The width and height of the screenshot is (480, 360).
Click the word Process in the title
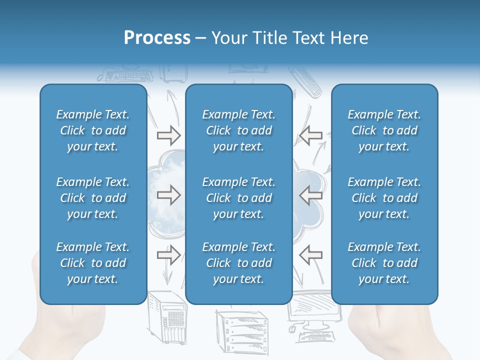[157, 38]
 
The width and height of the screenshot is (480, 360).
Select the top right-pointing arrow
[169, 135]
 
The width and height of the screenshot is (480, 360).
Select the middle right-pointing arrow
[169, 195]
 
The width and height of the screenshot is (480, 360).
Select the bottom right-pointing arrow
[169, 255]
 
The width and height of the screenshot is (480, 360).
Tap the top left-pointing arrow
[310, 135]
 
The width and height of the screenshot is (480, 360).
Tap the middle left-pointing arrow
[310, 195]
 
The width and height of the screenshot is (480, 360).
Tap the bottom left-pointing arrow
[310, 255]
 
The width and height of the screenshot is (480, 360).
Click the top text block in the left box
[93, 130]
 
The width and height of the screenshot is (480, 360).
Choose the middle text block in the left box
[93, 198]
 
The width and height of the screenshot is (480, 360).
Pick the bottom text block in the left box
[93, 263]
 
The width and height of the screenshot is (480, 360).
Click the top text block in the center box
[238, 130]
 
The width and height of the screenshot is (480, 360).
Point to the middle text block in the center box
[238, 198]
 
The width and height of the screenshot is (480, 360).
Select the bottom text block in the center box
[238, 263]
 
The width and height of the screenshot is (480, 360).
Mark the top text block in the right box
[384, 130]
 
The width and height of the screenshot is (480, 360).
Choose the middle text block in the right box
[384, 198]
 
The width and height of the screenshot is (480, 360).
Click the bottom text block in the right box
[384, 263]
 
